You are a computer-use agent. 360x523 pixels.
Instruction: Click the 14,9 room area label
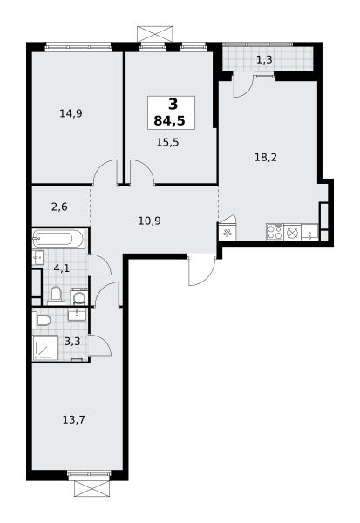coord(71,113)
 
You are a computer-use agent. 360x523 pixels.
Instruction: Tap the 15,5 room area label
coord(167,142)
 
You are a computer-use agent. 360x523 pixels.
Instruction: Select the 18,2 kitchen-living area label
coord(266,157)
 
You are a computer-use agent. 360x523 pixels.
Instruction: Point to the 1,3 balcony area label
coord(264,60)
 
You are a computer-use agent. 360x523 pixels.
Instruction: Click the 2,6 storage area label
coord(59,207)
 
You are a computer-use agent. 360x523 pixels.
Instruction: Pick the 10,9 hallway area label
coord(149,221)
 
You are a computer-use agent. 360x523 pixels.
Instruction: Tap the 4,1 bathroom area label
coord(61,268)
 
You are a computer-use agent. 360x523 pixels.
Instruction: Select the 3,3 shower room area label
coord(72,342)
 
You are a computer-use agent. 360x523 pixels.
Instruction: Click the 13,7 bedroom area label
coord(74,419)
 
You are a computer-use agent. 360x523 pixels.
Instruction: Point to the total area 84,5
coord(169,121)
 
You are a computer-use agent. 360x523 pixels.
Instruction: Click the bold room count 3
coord(173,105)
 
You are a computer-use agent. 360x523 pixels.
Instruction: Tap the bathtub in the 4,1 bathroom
coord(58,239)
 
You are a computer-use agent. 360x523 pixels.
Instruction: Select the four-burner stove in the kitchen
coord(275,232)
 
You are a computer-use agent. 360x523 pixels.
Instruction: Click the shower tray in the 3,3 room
coord(45,348)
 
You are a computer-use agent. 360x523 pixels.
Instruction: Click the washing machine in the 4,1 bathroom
coord(79,297)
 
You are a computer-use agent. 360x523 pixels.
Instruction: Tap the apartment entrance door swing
coord(201,270)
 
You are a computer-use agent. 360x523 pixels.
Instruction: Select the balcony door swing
coord(243,85)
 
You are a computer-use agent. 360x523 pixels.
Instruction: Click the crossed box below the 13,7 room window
coord(92,488)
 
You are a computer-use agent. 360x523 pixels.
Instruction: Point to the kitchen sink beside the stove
coord(310,232)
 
